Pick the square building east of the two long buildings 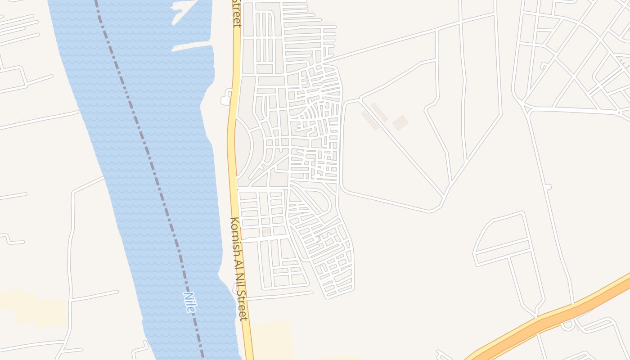[x=400, y=123]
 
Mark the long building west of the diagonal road [x=369, y=121]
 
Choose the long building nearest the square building [x=379, y=112]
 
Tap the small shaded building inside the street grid [x=267, y=231]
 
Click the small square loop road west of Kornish [x=226, y=98]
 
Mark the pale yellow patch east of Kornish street [x=270, y=340]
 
